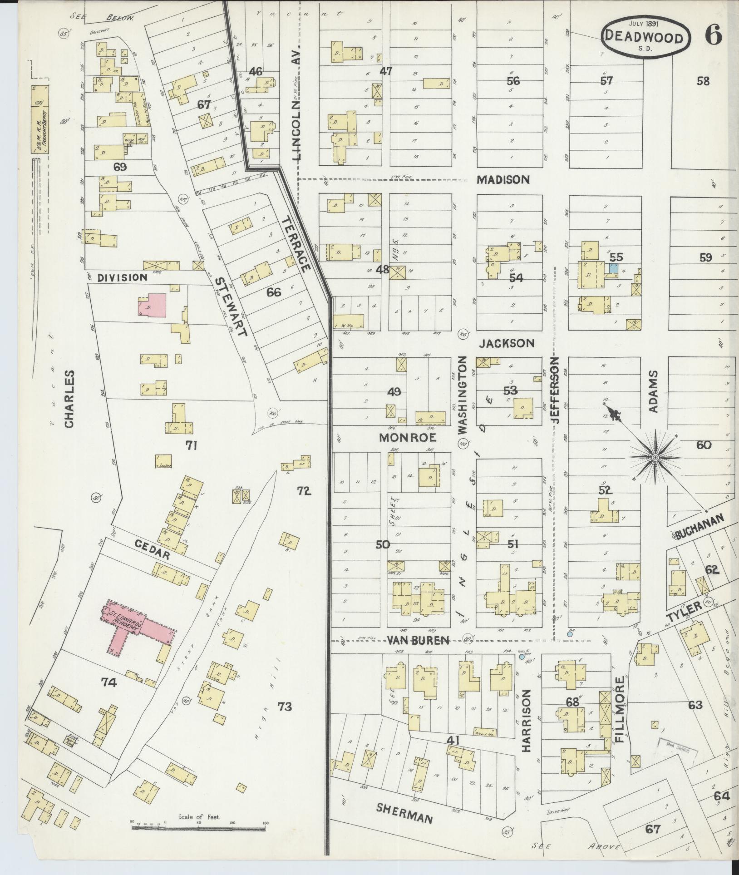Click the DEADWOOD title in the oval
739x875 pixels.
[644, 37]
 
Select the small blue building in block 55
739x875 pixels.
[613, 267]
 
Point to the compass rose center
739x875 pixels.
[655, 457]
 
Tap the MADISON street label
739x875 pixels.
[503, 179]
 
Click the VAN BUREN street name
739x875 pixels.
[418, 640]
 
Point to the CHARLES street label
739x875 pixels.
[69, 399]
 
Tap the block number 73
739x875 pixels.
[285, 706]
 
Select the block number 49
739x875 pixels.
[394, 391]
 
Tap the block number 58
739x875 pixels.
[703, 81]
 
